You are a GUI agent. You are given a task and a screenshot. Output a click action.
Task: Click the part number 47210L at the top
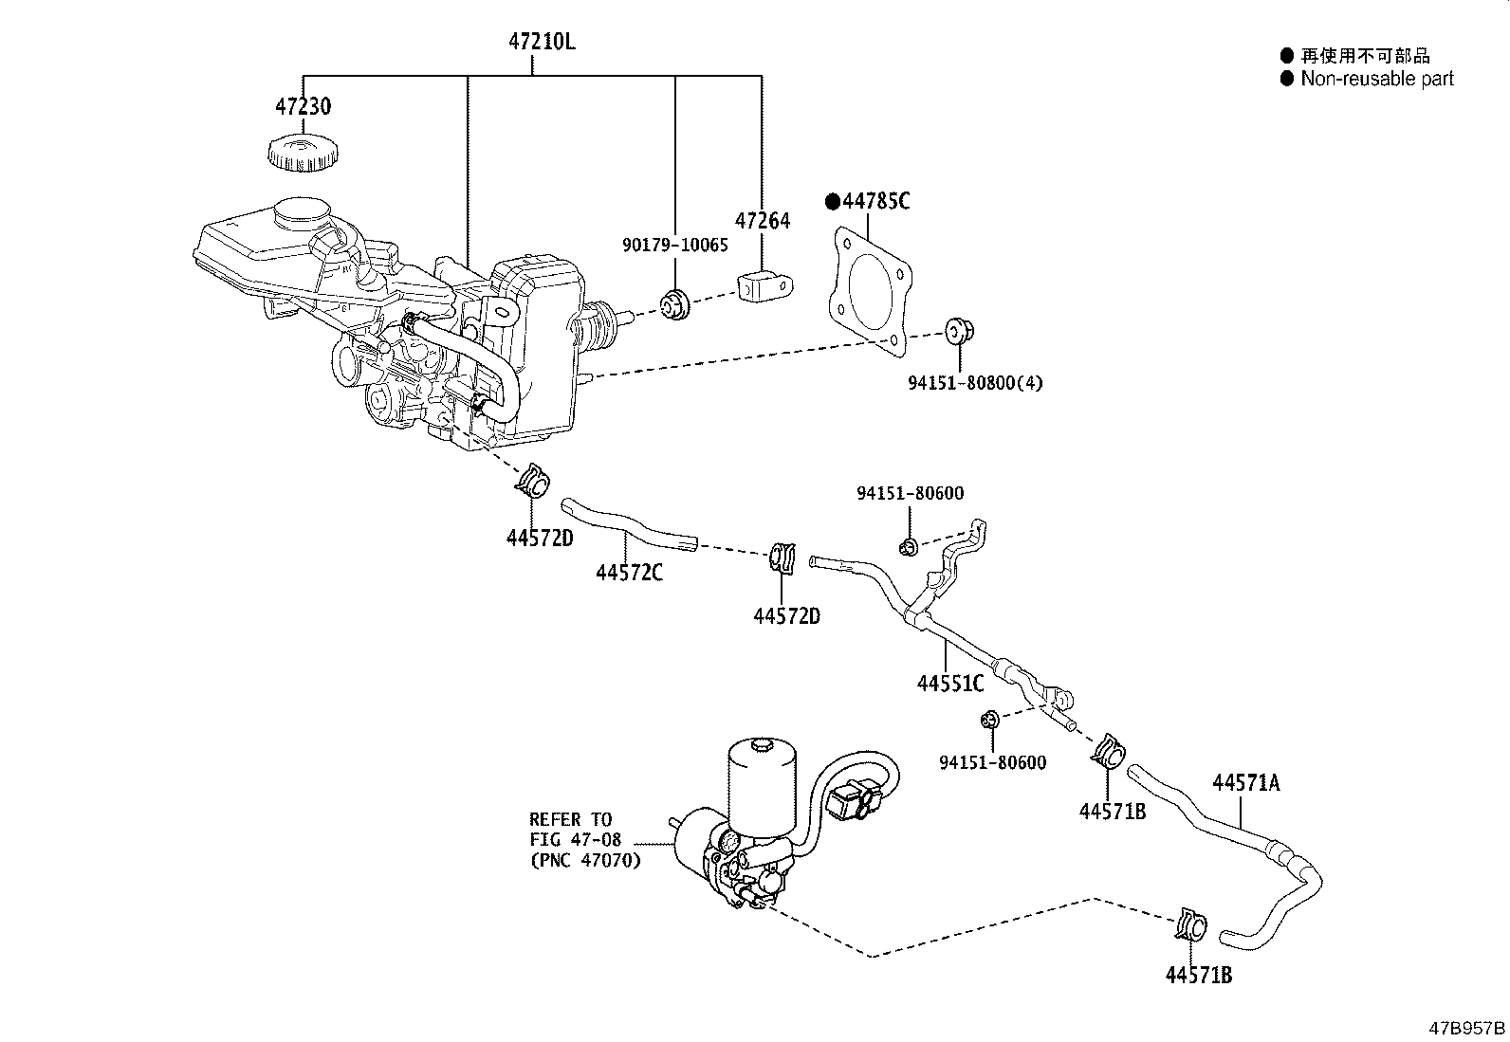[x=542, y=42]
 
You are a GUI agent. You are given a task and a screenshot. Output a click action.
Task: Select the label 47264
[x=764, y=220]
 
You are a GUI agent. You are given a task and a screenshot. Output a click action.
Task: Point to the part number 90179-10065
[x=675, y=246]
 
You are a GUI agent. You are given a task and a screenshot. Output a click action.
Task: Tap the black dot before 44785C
[x=833, y=201]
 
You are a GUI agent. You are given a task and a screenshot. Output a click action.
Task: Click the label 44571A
[x=1245, y=782]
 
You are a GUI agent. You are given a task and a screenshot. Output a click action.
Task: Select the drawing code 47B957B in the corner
[x=1467, y=1028]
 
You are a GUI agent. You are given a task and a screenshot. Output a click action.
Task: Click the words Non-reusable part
[x=1376, y=79]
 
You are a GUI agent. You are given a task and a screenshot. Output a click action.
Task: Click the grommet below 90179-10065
[x=675, y=305]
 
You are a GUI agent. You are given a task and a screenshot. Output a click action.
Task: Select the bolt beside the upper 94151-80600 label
[x=909, y=546]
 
